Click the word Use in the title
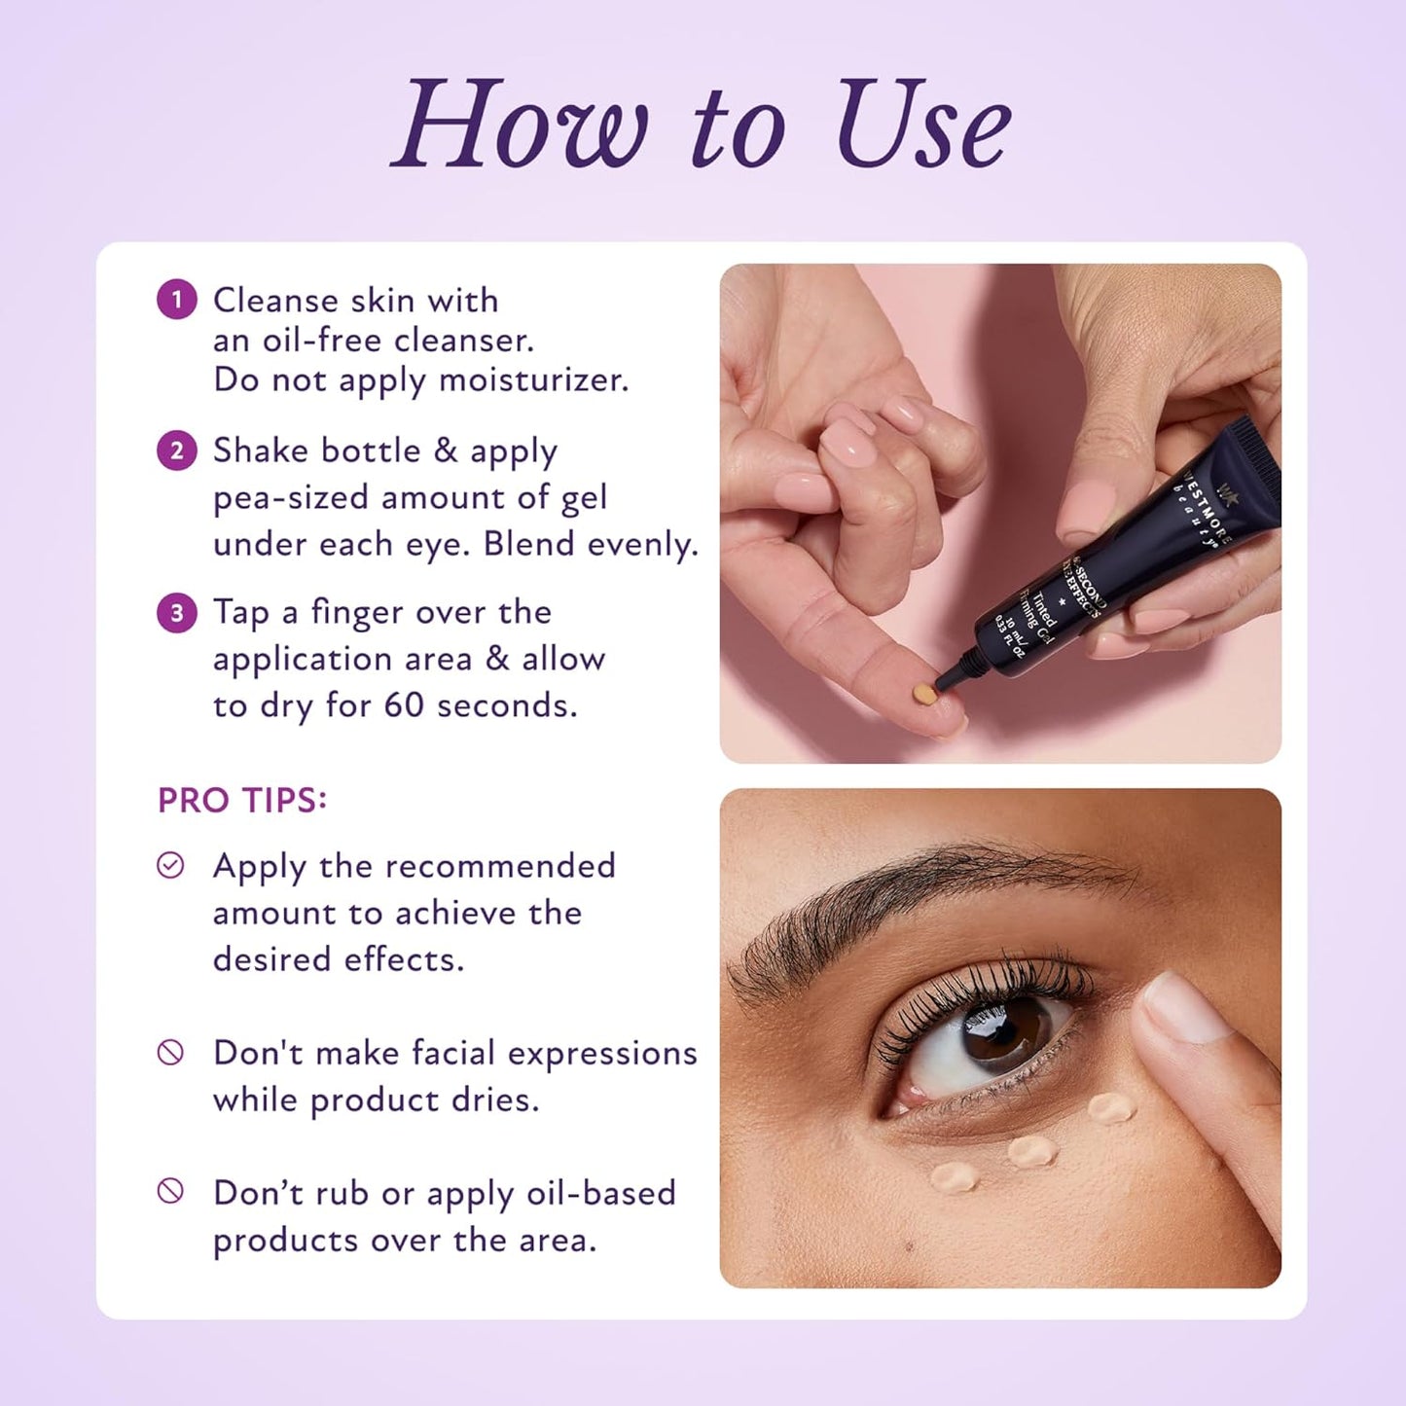pos(922,126)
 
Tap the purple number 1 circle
pos(177,300)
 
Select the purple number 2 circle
pos(177,451)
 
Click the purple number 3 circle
pos(177,613)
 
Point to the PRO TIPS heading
pos(242,801)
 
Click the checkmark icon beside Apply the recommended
pos(170,865)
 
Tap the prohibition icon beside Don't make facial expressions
pos(170,1052)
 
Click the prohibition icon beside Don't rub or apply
pos(170,1191)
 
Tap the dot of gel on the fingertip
pos(923,695)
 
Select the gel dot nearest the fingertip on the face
pos(1111,1107)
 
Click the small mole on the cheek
pos(911,1245)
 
